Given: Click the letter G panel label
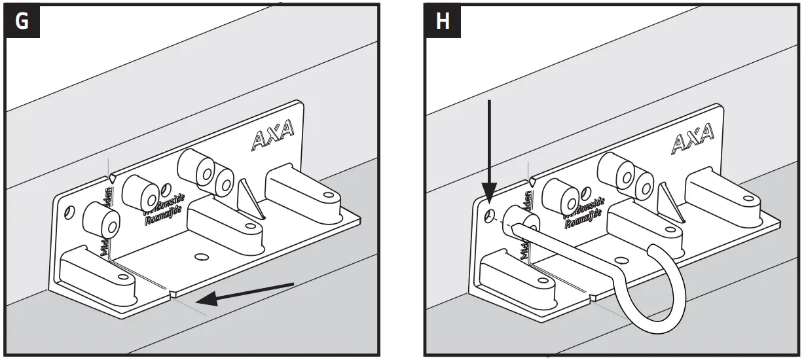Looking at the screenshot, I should [x=22, y=21].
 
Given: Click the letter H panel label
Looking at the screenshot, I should [x=443, y=21].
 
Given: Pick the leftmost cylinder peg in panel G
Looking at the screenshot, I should [x=101, y=221].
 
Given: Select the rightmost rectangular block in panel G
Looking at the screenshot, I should [x=301, y=190].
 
